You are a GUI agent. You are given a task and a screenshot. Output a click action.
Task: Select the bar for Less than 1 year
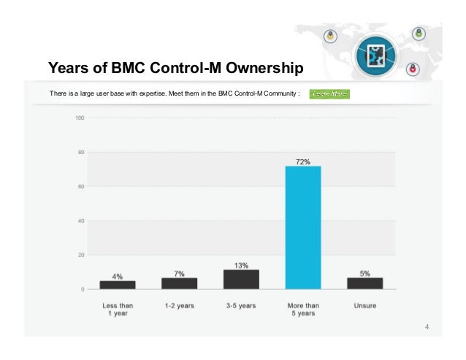[x=117, y=285]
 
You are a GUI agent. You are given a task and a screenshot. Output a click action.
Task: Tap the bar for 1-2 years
[x=179, y=283]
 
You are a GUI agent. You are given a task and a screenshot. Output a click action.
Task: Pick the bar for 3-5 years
[x=241, y=279]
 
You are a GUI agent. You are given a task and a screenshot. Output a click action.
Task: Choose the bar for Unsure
[x=364, y=283]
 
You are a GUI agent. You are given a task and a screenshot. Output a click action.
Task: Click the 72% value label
[x=302, y=161]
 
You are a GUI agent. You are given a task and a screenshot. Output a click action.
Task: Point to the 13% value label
[x=241, y=265]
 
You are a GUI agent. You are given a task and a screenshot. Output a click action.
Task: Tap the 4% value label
[x=117, y=276]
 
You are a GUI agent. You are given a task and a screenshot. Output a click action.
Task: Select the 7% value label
[x=179, y=273]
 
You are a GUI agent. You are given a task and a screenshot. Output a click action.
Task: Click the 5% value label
[x=364, y=273]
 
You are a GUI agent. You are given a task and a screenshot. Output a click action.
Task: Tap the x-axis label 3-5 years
[x=241, y=305]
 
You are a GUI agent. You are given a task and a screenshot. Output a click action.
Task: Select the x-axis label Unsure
[x=364, y=305]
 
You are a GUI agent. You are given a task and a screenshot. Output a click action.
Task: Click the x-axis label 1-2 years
[x=179, y=305]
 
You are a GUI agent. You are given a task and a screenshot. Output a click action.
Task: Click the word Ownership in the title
[x=264, y=69]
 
